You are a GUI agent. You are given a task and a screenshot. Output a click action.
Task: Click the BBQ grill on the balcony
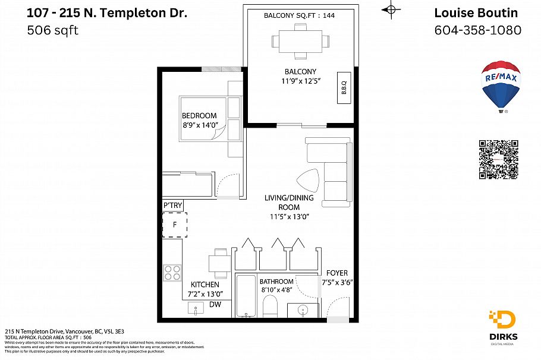point(344,88)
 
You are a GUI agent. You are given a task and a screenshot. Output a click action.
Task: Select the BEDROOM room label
point(199,115)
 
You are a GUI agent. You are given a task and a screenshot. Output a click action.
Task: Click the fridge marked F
point(175,225)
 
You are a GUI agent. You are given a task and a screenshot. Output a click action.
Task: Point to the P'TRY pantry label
point(172,206)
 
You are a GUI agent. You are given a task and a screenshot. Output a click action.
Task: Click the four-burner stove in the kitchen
point(172,273)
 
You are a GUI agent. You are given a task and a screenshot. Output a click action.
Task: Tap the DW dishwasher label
point(215,304)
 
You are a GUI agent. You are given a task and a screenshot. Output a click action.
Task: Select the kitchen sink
point(196,309)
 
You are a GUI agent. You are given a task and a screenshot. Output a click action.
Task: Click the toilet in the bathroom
point(270,307)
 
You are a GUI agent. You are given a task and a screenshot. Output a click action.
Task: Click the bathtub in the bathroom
point(246,296)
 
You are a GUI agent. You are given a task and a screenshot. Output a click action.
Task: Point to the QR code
point(498,160)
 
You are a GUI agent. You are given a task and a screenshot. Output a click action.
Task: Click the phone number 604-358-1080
point(478,30)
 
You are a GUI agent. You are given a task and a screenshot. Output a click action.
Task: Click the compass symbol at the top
point(390,9)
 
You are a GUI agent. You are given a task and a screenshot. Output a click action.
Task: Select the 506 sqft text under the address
point(52,30)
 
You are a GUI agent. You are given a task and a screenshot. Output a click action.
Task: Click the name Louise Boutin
point(476,12)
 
